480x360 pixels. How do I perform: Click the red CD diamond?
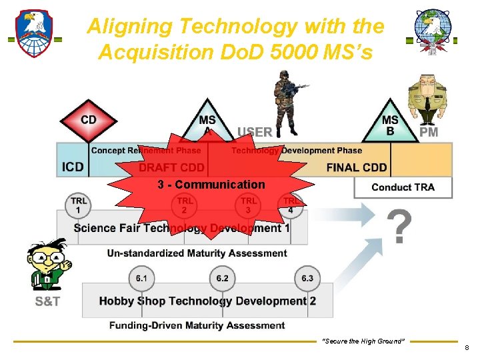[x=89, y=121]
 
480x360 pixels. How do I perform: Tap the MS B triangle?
[x=390, y=124]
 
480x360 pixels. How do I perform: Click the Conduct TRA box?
[x=403, y=187]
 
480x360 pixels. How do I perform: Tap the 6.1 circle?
[x=141, y=278]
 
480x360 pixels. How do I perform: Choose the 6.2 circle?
[x=222, y=278]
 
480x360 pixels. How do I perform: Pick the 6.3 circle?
[x=307, y=278]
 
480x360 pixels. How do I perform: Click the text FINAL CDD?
[x=357, y=167]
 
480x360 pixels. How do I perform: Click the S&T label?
[x=47, y=302]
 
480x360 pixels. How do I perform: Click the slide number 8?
[x=467, y=347]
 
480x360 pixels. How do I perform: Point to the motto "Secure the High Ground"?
[x=363, y=341]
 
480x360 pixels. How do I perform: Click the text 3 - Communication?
[x=211, y=185]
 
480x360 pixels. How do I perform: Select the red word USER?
[x=255, y=132]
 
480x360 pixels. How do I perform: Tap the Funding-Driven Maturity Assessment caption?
[x=197, y=325]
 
